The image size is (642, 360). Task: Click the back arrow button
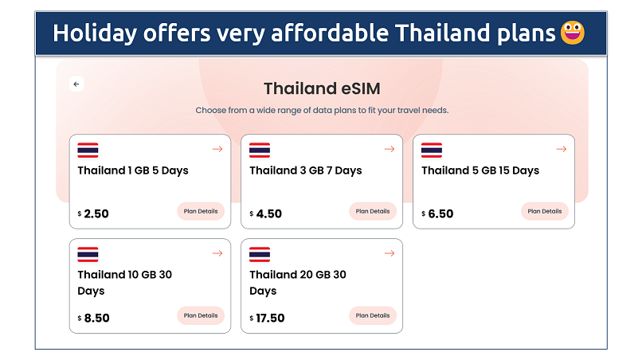pos(76,84)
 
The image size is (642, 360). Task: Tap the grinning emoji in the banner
pos(573,33)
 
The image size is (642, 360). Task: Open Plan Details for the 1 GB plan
pos(201,211)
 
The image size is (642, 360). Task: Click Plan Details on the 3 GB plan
pos(373,211)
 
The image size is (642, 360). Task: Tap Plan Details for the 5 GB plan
pos(545,211)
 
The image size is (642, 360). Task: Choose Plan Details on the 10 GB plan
pos(201,315)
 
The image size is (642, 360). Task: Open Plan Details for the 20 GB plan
pos(373,315)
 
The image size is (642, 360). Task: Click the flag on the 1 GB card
pos(88,150)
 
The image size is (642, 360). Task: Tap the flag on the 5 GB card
pos(432,150)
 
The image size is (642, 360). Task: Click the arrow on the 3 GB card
pos(390,149)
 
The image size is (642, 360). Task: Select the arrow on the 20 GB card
pos(390,253)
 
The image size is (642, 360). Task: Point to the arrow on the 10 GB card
pos(217,253)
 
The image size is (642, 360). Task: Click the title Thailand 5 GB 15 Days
pos(480,170)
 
